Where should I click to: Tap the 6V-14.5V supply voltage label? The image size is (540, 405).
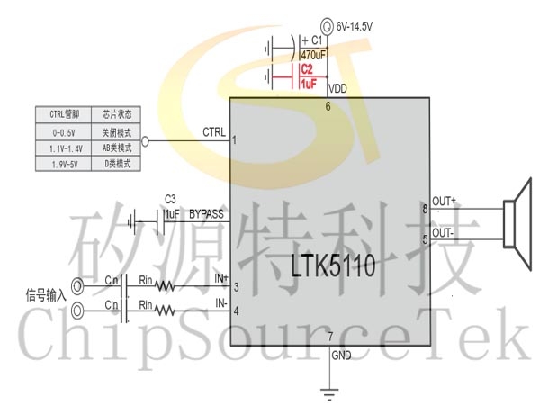coord(354,27)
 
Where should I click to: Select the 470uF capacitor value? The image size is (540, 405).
coord(313,55)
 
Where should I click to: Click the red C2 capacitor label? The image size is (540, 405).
coord(307,69)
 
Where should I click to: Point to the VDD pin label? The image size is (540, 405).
coord(338,89)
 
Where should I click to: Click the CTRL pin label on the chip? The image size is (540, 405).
coord(214,133)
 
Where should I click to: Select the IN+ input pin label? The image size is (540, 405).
coord(220,279)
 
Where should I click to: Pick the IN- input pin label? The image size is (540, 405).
coord(220,302)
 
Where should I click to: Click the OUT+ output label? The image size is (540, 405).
coord(445,201)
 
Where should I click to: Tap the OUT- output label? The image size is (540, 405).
coord(444,232)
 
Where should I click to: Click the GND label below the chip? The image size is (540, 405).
coord(341,356)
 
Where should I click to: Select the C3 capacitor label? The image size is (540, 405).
coord(170,199)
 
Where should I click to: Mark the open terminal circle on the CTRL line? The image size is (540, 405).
coord(147,141)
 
